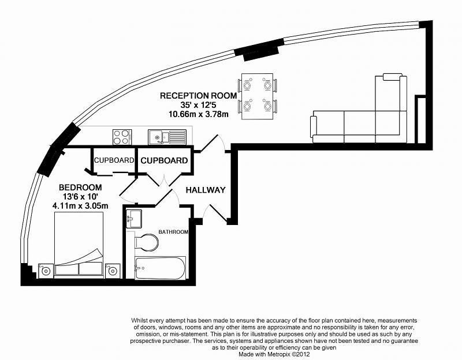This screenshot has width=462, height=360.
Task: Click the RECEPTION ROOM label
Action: coord(198,96)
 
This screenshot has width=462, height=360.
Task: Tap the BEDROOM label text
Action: coord(80,187)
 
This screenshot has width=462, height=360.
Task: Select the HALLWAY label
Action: coord(206,190)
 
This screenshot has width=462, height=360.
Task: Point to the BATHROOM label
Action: coord(173,232)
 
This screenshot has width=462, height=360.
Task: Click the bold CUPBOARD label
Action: coord(164,161)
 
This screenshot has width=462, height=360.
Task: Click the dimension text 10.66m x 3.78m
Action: coord(198,114)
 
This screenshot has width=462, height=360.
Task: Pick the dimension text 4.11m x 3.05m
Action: coord(80,205)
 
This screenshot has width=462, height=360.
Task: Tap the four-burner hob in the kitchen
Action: coord(122,137)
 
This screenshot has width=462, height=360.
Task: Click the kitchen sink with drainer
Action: coord(167,137)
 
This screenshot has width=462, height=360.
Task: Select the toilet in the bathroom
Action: coord(146,242)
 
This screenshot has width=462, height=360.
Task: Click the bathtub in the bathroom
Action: coord(160,268)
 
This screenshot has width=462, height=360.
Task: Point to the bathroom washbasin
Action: coord(134,219)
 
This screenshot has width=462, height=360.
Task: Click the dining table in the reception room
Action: coord(257,96)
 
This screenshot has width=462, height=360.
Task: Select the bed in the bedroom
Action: coord(79,244)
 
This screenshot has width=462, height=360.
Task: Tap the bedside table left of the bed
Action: coord(46,271)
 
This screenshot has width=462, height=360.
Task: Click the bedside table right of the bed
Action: coord(113,271)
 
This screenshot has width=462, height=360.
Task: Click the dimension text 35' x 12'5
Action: coord(198,105)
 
